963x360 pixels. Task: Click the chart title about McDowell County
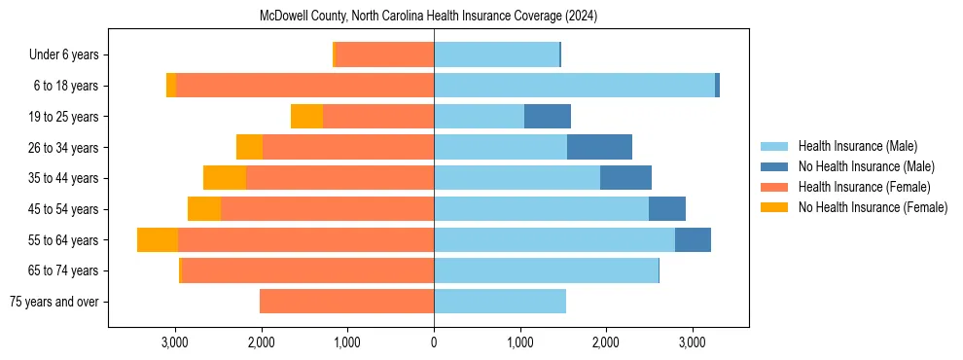tap(428, 16)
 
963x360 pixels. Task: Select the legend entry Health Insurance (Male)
tap(857, 146)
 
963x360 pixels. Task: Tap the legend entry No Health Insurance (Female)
tap(873, 207)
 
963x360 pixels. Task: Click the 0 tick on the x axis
tap(434, 342)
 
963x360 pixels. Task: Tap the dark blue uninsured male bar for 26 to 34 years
tap(599, 147)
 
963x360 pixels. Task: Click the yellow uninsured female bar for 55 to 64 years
tap(158, 239)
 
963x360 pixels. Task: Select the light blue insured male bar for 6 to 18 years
tap(574, 86)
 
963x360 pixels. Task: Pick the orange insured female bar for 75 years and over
tap(346, 302)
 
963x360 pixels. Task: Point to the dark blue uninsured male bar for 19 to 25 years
tap(548, 117)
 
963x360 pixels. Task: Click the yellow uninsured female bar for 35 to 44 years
tap(225, 178)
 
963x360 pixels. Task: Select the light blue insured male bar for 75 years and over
tap(500, 302)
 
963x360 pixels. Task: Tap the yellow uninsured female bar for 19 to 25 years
tap(306, 117)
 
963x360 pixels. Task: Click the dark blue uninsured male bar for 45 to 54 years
tap(667, 209)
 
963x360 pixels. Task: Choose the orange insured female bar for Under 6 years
tap(384, 55)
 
